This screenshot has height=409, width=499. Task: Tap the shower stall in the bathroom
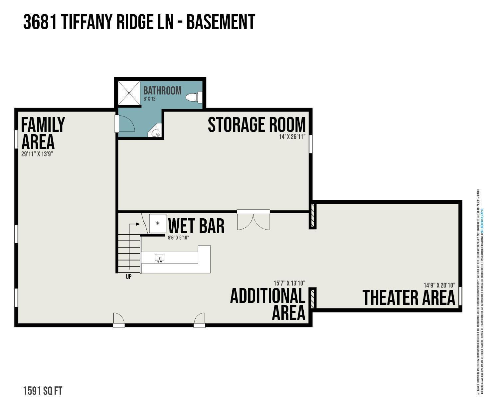129,93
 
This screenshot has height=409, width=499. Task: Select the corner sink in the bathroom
156,132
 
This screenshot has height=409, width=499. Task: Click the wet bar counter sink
160,258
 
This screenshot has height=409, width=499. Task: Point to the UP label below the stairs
129,277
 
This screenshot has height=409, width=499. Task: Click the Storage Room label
256,125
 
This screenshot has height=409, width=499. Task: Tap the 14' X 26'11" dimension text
292,137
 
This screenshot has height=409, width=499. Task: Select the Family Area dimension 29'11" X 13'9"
37,154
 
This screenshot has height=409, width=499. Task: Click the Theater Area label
409,298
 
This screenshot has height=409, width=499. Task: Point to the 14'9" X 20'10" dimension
439,285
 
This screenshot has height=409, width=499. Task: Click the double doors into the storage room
253,220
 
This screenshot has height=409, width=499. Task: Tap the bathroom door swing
126,124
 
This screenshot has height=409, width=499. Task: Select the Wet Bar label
196,226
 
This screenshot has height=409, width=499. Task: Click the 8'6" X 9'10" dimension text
178,238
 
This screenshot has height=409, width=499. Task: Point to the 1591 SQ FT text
43,391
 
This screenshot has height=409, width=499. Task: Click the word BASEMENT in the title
221,22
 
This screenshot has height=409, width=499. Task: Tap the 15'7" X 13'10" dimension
289,283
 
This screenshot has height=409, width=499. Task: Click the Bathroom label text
162,91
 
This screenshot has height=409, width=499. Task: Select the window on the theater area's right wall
460,296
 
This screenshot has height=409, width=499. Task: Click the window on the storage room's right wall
311,144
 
